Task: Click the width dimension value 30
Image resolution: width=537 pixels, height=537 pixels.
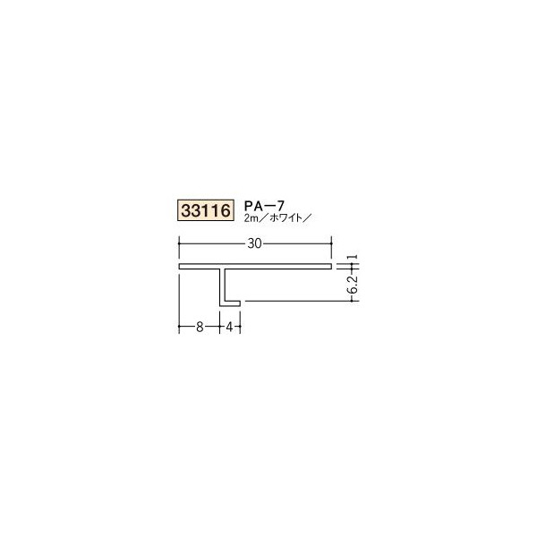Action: (256, 241)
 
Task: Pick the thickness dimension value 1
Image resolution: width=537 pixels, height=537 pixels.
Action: (356, 257)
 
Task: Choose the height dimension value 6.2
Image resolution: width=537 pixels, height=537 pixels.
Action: (355, 284)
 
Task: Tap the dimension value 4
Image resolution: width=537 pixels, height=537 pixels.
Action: (231, 328)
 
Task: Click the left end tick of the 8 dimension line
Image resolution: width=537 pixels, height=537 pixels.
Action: (180, 328)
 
